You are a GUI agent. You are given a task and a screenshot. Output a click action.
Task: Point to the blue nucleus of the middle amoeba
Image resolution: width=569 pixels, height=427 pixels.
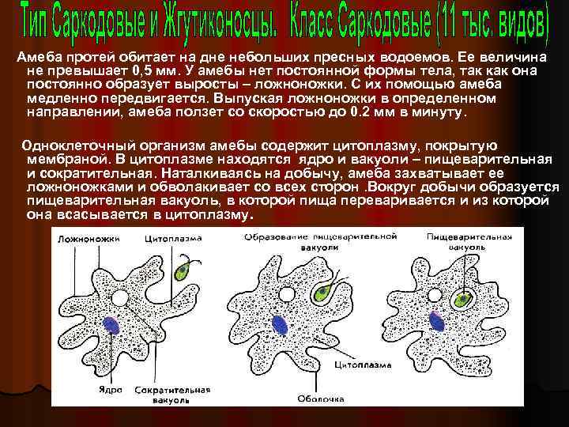280,323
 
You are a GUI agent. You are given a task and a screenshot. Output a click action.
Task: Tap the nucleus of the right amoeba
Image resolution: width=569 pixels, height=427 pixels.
435,320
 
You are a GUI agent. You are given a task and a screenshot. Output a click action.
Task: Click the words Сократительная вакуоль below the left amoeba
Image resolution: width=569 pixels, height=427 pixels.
172,395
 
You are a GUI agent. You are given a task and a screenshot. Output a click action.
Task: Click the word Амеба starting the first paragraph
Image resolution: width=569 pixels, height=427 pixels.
36,59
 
